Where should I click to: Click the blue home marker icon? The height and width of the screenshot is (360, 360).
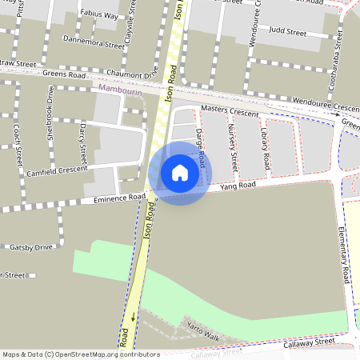coord(180,173)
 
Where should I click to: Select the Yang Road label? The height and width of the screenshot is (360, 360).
coord(237,186)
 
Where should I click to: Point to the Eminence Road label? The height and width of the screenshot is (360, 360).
coord(119,197)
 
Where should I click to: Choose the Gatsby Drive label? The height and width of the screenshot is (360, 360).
coord(31,247)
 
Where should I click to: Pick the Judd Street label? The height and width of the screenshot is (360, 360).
coord(288,33)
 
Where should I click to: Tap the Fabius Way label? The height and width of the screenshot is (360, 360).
coord(100,15)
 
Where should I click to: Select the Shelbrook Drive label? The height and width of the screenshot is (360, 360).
coord(50,112)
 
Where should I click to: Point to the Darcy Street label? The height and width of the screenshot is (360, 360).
coord(82,137)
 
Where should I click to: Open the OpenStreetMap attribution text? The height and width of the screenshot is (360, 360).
coord(80,354)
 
